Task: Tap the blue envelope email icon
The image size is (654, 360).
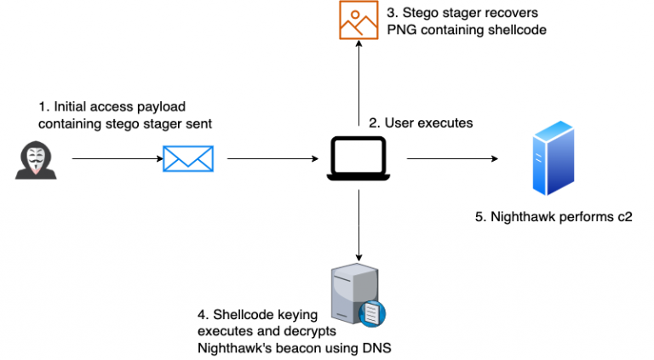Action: [x=187, y=158]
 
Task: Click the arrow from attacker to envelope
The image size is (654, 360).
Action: [x=115, y=159]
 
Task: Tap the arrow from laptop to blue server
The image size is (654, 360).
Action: [x=451, y=159]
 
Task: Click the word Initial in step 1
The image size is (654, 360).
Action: [x=72, y=107]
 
